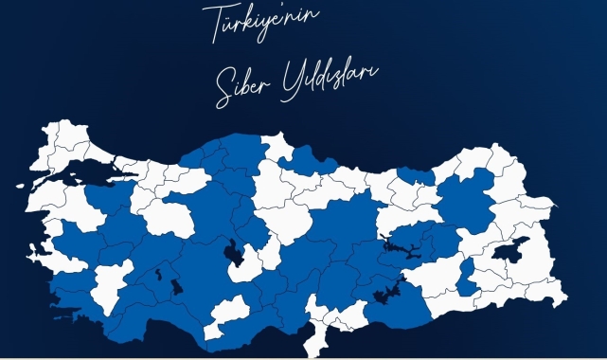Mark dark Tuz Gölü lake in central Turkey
pyautogui.click(x=230, y=253)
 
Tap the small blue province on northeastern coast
pyautogui.click(x=413, y=174)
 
